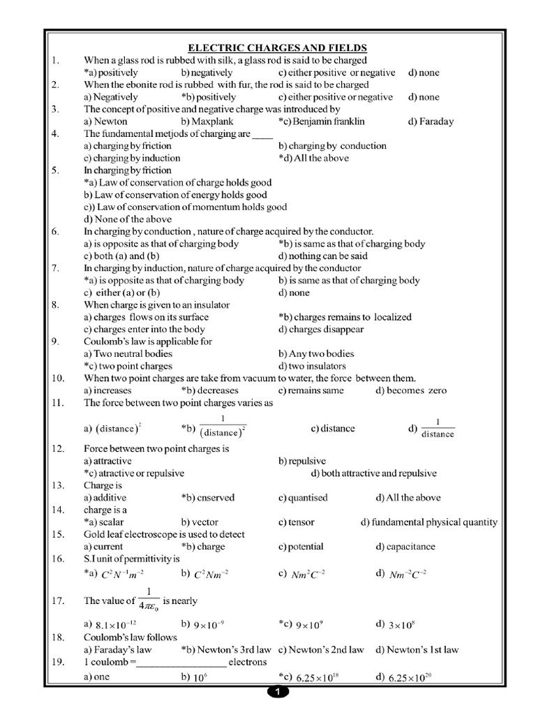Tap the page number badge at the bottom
click(x=277, y=692)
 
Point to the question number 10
click(x=58, y=378)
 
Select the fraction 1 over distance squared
click(x=222, y=427)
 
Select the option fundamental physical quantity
click(x=429, y=522)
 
